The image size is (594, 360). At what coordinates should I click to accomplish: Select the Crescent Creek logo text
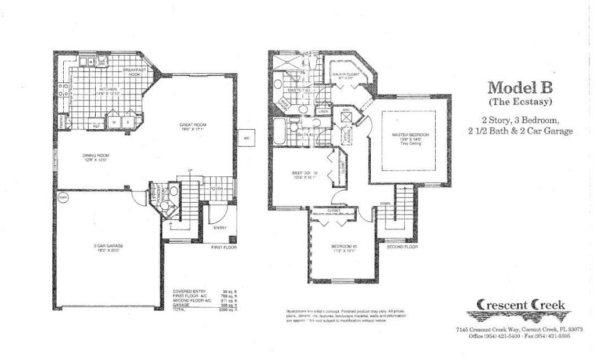click(x=520, y=305)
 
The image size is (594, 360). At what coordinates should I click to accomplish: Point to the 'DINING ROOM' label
click(x=96, y=155)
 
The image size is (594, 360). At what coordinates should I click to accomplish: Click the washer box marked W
click(x=114, y=123)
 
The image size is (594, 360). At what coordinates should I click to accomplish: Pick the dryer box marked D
click(x=129, y=123)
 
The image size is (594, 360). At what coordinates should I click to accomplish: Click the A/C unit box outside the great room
click(x=246, y=138)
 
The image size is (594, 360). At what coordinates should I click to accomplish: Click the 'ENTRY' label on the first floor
click(x=220, y=228)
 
